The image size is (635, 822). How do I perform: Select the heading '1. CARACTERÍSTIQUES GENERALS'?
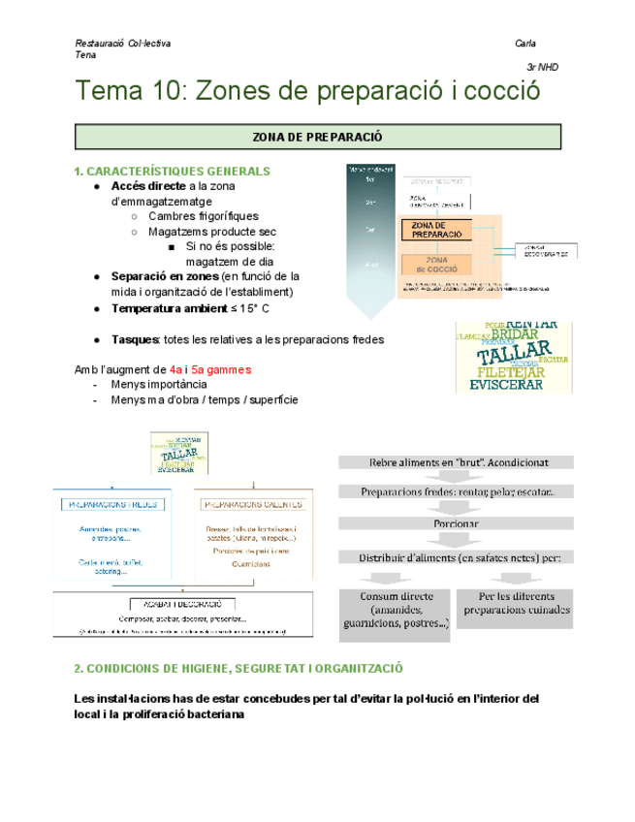172,172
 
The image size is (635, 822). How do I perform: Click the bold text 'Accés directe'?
148,186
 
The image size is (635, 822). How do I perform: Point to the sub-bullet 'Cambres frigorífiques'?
203,217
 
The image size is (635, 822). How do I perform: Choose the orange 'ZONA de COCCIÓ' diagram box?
436,263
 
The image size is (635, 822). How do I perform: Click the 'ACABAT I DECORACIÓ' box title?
182,602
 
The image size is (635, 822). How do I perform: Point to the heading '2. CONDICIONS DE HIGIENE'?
238,669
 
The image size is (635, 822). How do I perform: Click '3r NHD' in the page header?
542,68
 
